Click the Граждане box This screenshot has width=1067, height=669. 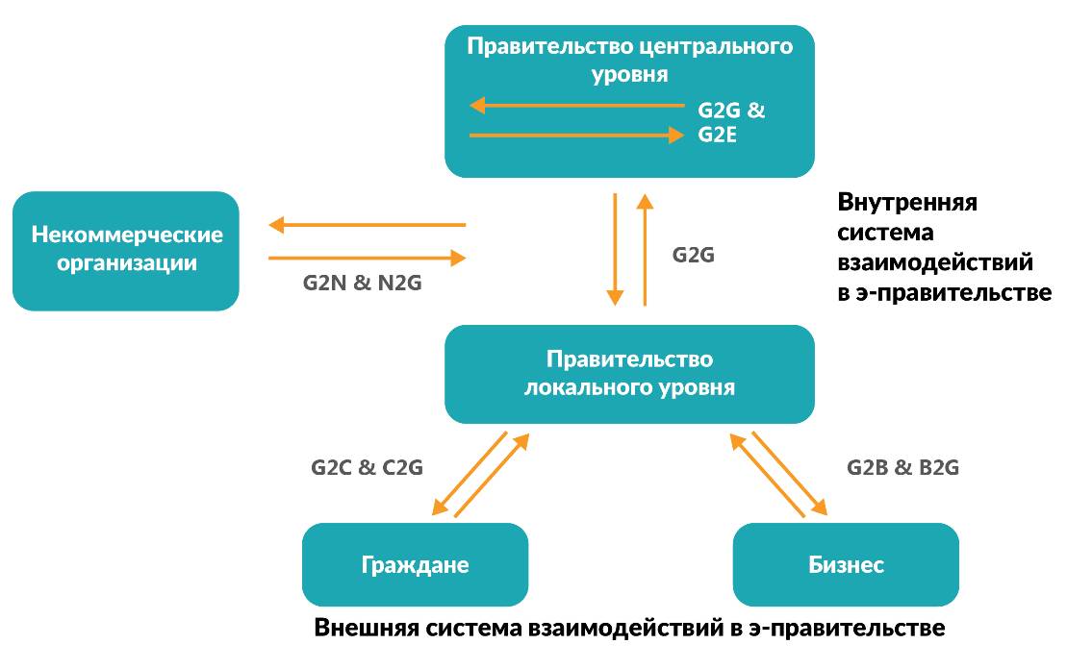415,564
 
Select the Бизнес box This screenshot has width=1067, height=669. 846,564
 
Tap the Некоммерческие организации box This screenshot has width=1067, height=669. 126,250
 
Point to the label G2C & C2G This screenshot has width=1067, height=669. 367,467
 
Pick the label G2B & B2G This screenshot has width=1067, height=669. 902,467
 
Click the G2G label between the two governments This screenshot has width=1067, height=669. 693,256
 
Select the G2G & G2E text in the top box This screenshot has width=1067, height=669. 730,122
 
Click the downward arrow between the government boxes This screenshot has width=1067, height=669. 615,250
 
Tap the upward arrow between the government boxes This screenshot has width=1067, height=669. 645,250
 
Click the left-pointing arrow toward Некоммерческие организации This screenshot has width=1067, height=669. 367,226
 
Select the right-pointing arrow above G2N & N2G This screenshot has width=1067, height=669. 367,258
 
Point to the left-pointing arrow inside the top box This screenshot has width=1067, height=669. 575,106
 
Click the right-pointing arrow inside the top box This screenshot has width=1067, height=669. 575,136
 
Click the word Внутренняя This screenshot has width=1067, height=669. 907,203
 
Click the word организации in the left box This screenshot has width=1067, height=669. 126,262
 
